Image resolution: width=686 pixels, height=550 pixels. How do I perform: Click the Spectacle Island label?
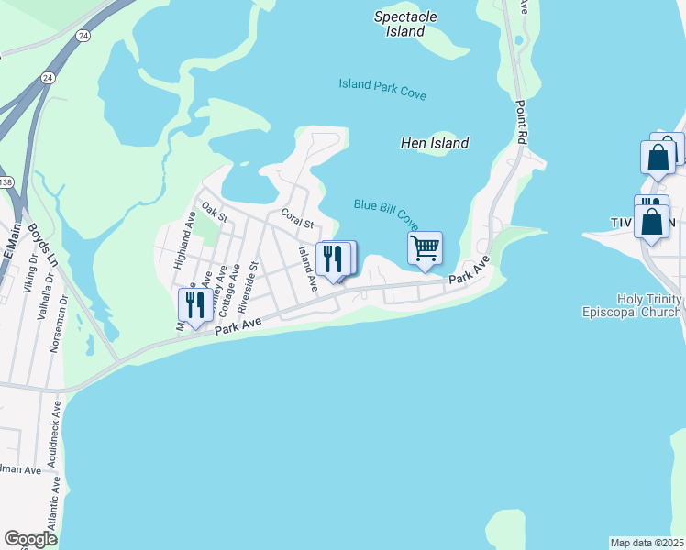click(x=405, y=24)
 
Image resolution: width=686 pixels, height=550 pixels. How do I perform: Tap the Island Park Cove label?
click(x=382, y=89)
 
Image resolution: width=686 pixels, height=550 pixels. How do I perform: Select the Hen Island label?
click(x=435, y=143)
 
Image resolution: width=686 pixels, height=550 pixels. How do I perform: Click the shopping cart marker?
click(x=425, y=247)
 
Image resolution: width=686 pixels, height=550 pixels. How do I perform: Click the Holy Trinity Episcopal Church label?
click(x=632, y=305)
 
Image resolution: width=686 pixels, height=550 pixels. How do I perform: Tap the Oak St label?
click(x=214, y=212)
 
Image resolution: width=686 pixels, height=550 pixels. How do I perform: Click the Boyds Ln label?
click(x=43, y=245)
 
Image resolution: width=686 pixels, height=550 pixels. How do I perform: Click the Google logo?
click(x=30, y=539)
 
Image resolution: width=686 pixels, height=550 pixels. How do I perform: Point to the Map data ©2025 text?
click(x=647, y=543)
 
